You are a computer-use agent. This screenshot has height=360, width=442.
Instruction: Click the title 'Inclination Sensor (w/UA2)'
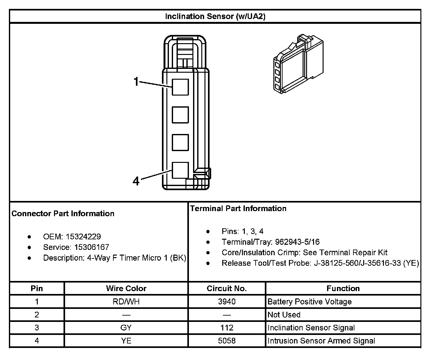click(215, 17)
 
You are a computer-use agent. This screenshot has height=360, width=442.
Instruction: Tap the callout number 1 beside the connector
click(136, 82)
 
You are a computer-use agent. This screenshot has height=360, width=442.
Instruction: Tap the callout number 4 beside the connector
click(136, 181)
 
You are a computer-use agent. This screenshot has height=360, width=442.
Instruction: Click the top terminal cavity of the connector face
click(180, 87)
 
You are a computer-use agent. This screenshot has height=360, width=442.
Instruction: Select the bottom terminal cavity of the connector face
click(180, 170)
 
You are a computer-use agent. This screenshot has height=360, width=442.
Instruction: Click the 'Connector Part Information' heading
click(63, 213)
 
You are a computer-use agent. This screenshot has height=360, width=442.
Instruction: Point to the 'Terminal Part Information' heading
click(238, 209)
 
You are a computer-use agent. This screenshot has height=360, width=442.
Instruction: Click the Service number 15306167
click(92, 247)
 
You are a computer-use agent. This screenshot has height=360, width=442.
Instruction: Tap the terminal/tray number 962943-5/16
click(297, 242)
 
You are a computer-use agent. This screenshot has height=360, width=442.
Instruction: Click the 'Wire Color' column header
click(126, 288)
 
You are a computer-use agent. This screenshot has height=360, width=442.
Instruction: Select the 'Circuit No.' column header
click(227, 288)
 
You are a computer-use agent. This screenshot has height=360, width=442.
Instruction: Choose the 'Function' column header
click(343, 288)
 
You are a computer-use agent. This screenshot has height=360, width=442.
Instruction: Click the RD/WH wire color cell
click(126, 302)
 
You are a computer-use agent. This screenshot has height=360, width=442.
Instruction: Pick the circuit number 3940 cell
click(227, 302)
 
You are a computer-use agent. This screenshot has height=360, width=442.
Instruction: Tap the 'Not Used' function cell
click(284, 315)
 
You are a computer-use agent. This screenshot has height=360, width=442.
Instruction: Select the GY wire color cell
click(126, 328)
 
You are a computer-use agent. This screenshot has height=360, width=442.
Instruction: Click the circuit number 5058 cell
click(227, 341)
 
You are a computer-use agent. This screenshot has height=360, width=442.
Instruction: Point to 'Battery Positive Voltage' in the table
click(310, 302)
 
